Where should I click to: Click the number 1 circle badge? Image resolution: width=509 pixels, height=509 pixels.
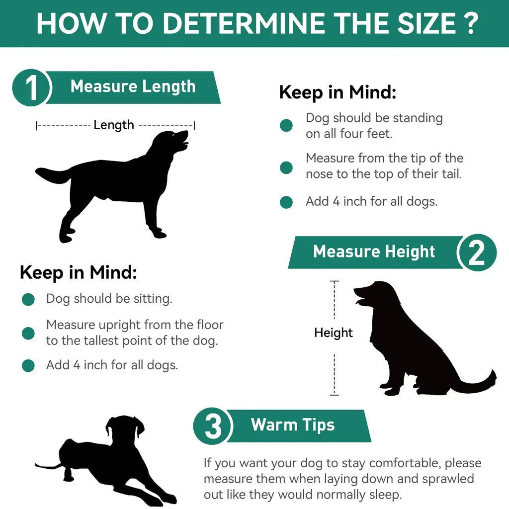tap(31, 87)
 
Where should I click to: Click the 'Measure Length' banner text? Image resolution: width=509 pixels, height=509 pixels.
tap(133, 86)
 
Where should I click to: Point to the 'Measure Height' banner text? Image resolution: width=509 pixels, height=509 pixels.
tap(374, 252)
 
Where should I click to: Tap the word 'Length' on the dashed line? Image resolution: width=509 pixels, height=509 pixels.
tap(114, 125)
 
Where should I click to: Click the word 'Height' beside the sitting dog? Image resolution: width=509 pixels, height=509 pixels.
tap(334, 333)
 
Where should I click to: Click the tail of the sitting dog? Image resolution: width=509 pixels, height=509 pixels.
tap(477, 383)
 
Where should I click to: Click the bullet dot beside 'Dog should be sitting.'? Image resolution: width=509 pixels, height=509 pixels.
tap(28, 299)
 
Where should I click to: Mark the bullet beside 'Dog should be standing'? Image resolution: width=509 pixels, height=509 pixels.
tap(286, 125)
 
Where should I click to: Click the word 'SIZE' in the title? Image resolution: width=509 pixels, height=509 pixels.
tap(426, 23)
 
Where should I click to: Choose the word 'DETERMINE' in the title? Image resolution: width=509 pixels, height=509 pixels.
tap(244, 23)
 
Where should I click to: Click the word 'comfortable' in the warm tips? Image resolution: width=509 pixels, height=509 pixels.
tap(398, 463)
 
